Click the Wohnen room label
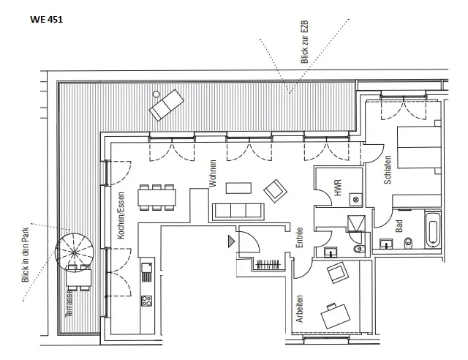coord(213,175)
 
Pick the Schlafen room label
coord(388,174)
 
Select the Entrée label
coord(299,239)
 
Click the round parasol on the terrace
coord(74,250)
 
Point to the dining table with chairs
coord(159,195)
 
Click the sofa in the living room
coord(237,211)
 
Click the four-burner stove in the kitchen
coord(146,300)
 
